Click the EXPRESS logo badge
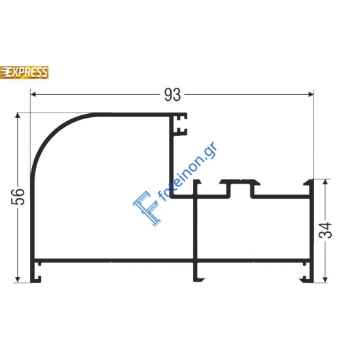pyautogui.click(x=24, y=71)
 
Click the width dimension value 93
pyautogui.click(x=171, y=96)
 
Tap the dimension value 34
pyautogui.click(x=328, y=230)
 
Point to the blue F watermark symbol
pyautogui.click(x=144, y=208)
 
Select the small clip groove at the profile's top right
pyautogui.click(x=179, y=125)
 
